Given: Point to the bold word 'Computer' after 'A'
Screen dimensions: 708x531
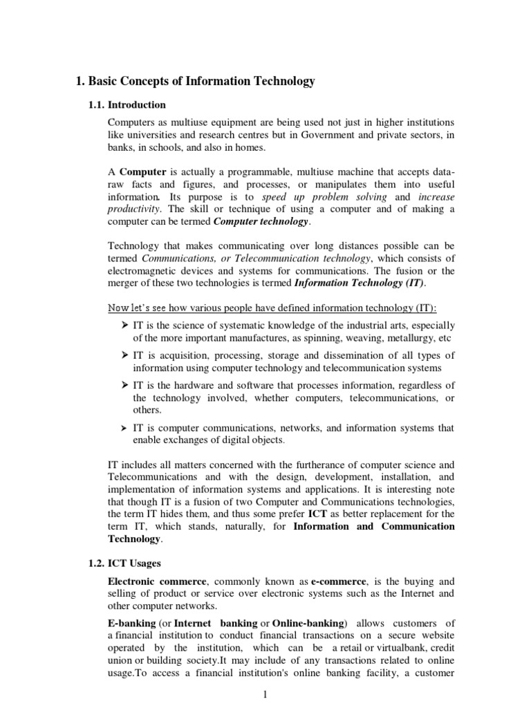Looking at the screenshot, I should click(x=142, y=171).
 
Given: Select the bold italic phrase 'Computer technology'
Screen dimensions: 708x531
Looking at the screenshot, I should click(x=262, y=222).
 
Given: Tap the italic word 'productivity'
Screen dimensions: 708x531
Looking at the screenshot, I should click(x=134, y=209).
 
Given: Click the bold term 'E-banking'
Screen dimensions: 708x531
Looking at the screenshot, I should click(x=131, y=624).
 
